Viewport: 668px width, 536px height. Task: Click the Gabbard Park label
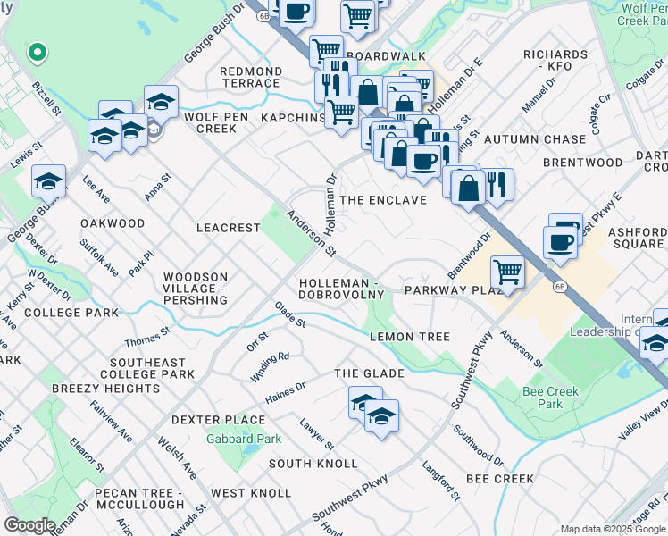point(244,439)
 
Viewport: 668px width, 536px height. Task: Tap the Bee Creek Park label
point(550,398)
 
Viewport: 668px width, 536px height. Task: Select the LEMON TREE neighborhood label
point(410,337)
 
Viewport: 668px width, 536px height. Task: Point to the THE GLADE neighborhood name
point(369,373)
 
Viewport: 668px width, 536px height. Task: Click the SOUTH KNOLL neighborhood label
point(313,464)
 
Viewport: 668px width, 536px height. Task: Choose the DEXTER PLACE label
point(218,420)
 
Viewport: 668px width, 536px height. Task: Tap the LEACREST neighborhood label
point(228,228)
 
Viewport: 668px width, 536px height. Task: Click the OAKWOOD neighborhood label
point(113,222)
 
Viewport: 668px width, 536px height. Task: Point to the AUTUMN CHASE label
point(535,139)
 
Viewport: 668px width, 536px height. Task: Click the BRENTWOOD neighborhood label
point(583,163)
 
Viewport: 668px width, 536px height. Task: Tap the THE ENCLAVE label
point(384,200)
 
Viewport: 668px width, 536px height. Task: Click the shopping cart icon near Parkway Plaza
point(507,271)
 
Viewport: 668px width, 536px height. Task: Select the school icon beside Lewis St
point(48,180)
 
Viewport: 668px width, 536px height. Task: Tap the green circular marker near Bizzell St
point(37,53)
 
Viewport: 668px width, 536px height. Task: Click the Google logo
point(30,525)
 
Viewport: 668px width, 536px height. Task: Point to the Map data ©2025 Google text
point(611,529)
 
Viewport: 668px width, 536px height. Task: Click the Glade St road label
point(290,314)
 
